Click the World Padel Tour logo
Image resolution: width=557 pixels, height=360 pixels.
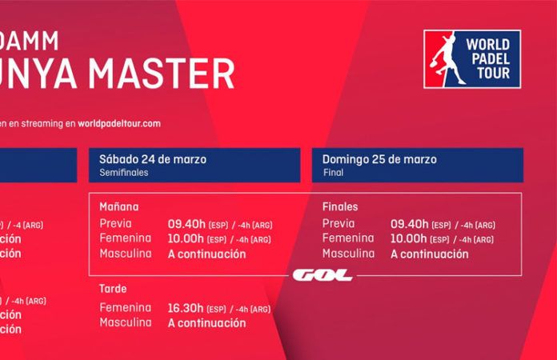click(x=473, y=59)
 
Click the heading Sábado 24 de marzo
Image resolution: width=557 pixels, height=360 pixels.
click(x=153, y=158)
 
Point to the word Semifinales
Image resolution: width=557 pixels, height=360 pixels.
click(x=124, y=172)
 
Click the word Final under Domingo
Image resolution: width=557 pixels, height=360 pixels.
click(x=333, y=172)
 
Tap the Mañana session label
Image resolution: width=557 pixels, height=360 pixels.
click(x=119, y=206)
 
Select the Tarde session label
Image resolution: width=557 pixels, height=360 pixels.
click(x=114, y=289)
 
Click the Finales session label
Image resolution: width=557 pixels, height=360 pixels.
click(x=341, y=206)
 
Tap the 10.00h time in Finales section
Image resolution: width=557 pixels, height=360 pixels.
click(x=409, y=238)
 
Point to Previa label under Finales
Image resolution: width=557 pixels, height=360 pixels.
click(x=339, y=224)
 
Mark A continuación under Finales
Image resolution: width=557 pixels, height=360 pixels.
click(x=429, y=254)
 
